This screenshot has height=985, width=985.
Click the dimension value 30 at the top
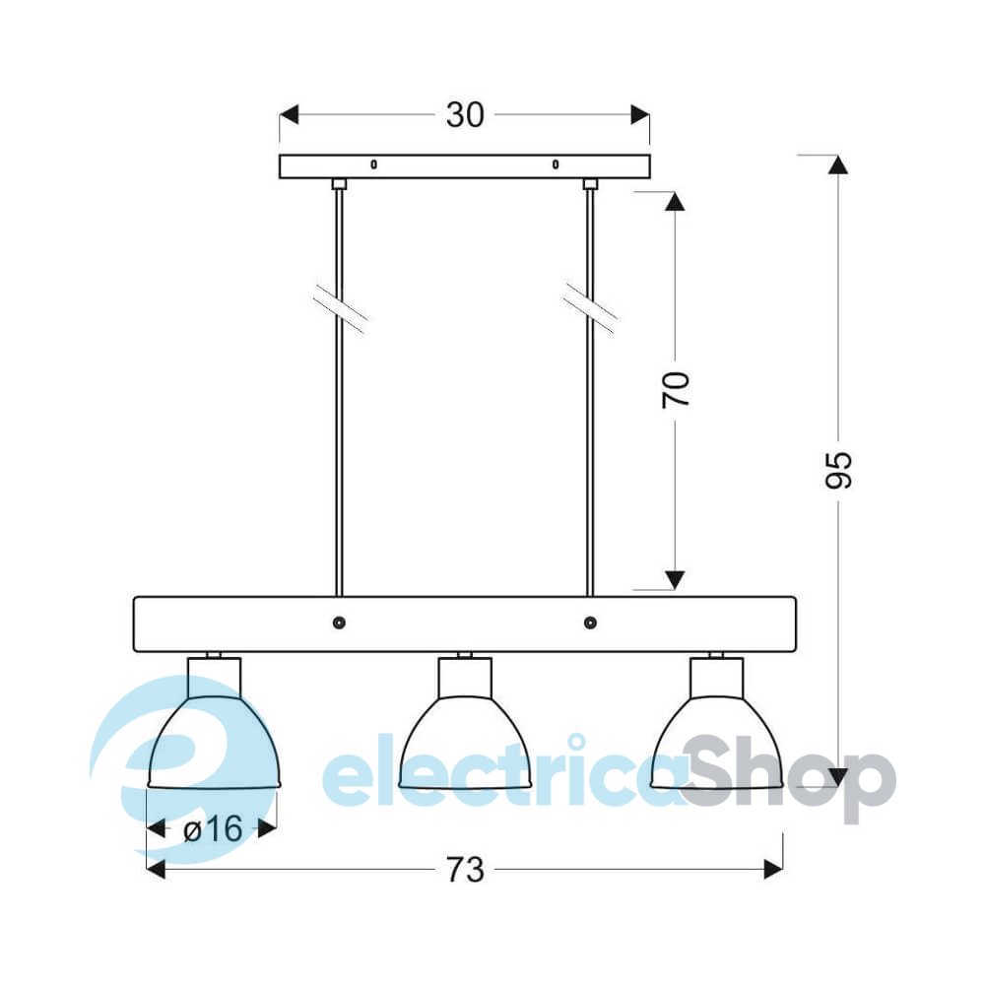(465, 115)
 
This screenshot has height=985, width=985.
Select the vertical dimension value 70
(676, 389)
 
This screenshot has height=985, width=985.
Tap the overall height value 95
(838, 469)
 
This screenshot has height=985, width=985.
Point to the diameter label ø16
(213, 829)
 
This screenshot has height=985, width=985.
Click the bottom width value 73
(466, 870)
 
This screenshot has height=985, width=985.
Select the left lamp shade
(214, 742)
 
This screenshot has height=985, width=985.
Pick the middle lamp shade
(466, 742)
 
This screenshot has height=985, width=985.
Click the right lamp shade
(717, 742)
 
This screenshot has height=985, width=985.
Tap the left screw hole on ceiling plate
(373, 164)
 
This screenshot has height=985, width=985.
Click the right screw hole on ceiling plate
(556, 164)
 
